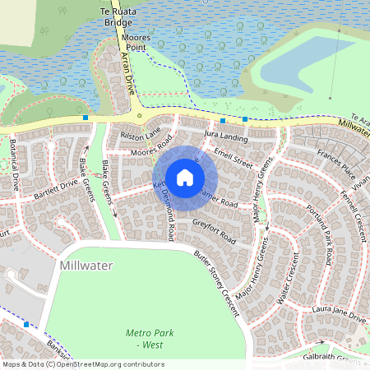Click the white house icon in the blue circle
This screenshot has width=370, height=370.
[x=185, y=177]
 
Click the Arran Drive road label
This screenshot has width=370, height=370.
[x=128, y=73]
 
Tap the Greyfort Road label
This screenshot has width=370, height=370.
[x=215, y=231]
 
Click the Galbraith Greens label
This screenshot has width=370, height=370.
[x=341, y=359]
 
